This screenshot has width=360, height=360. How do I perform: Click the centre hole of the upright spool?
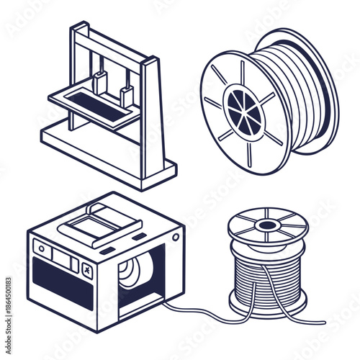pyautogui.click(x=268, y=225)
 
